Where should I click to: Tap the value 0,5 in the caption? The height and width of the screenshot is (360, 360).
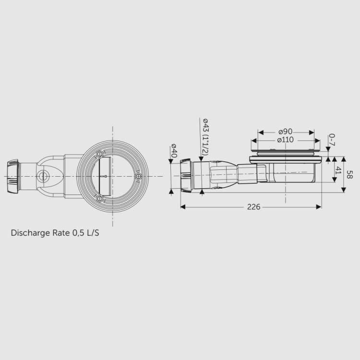78,233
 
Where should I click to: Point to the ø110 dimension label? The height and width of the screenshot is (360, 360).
286,140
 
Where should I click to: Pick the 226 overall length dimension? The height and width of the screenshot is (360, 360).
253,207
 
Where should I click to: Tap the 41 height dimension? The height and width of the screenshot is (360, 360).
338,170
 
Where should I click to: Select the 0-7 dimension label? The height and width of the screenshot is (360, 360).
332,140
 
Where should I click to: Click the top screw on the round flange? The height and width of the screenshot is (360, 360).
100,155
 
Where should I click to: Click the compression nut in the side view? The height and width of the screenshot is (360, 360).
185,176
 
